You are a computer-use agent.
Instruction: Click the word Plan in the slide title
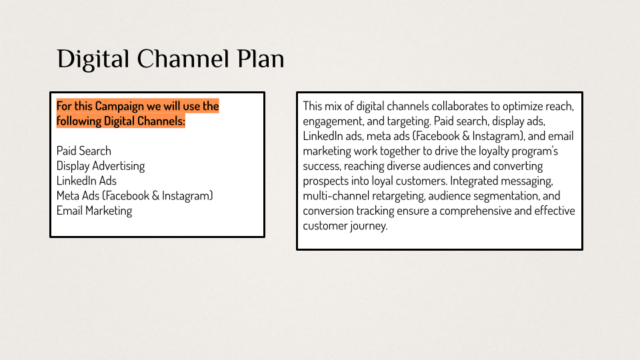coord(261,59)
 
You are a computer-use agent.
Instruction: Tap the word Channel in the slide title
coord(183,59)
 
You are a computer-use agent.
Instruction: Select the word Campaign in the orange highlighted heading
coord(119,106)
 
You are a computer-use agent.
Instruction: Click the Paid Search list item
coord(84,151)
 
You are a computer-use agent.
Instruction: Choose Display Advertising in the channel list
coord(101,166)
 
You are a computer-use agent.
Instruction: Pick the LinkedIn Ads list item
coord(87,181)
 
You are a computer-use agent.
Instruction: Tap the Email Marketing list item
coord(94,211)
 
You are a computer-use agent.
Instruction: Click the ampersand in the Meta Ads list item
coord(155,196)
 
